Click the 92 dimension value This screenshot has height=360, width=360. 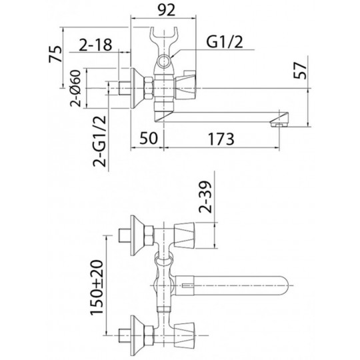click(x=167, y=10)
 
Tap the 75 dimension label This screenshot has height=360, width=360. click(x=56, y=54)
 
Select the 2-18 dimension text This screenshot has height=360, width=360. click(x=95, y=45)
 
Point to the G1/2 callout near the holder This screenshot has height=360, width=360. click(x=225, y=42)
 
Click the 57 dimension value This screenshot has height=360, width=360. click(x=300, y=71)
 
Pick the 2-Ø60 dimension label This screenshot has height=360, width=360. click(x=76, y=89)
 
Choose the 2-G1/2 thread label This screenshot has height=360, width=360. click(x=100, y=141)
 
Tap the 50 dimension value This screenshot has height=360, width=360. click(x=149, y=138)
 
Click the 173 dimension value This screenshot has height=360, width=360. click(x=221, y=139)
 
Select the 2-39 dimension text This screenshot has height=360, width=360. click(x=205, y=197)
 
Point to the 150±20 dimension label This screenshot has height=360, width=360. click(x=97, y=288)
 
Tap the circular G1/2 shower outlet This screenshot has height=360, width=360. click(x=164, y=61)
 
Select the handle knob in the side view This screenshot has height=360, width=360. click(x=185, y=87)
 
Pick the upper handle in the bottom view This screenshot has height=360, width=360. click(x=185, y=235)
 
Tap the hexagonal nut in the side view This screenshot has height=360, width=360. click(x=148, y=89)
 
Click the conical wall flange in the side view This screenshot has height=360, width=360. click(x=137, y=88)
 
